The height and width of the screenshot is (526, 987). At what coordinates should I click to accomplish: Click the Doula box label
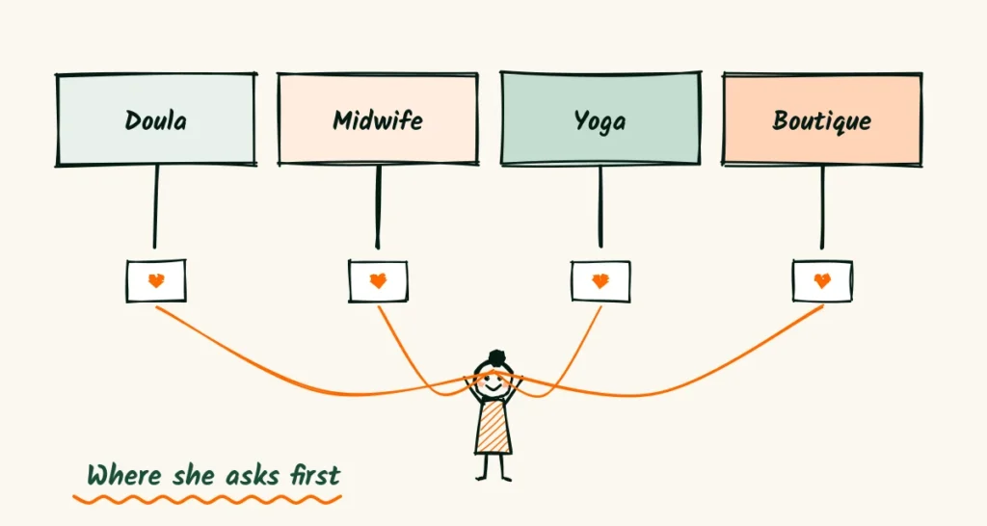point(155,120)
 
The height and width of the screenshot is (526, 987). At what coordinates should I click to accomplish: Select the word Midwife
point(378,119)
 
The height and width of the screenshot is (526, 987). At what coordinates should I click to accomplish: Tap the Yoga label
point(600,121)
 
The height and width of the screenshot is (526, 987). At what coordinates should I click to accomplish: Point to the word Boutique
point(822,120)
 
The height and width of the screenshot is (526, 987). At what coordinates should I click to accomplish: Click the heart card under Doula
point(156,280)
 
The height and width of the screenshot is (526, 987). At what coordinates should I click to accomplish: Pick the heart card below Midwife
point(378,281)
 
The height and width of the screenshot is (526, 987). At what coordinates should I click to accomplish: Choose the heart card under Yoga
point(600,281)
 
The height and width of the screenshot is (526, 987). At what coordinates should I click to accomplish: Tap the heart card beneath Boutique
point(822,280)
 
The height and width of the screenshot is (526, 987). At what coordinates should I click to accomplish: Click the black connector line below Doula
point(155,207)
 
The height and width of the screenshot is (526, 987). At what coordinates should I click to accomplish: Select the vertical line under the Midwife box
point(378,207)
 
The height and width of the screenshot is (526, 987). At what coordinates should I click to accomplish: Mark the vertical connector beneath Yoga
point(600,207)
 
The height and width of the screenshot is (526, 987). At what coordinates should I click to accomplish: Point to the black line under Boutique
point(822,207)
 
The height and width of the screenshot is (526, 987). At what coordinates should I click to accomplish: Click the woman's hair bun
point(496,357)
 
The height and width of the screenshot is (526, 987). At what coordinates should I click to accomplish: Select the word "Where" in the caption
point(124,475)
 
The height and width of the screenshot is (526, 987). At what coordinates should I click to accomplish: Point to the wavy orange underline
point(207,500)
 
